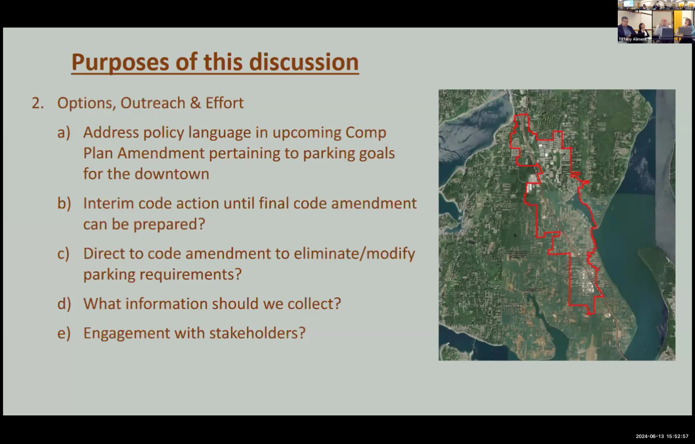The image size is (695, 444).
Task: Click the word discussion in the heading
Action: pos(304,62)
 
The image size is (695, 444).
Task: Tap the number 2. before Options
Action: pos(37,103)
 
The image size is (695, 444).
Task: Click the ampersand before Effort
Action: pos(195,103)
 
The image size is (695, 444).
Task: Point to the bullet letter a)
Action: pos(64,133)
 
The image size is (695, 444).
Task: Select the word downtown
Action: pos(172,174)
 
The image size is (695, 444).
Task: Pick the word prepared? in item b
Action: pos(169,224)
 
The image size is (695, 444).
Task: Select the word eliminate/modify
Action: pos(354,254)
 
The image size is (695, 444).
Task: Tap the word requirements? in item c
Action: pos(190,274)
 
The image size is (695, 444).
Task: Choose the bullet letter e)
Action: pos(64,333)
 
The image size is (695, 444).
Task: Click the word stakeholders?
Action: pos(257,333)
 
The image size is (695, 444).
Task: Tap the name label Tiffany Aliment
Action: pos(632,39)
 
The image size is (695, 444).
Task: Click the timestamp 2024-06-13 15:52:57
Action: pos(662,436)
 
